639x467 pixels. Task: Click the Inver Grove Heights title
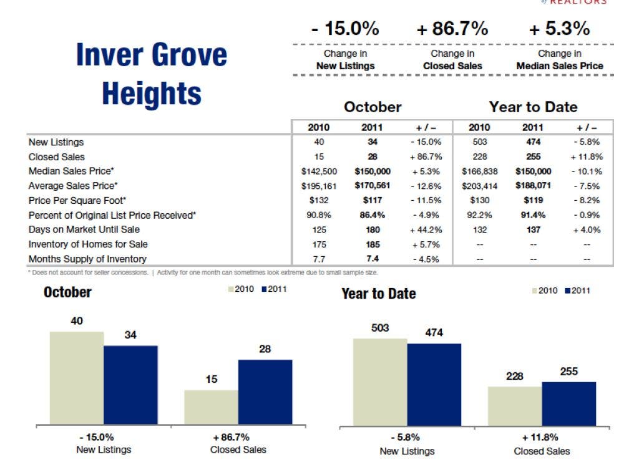(152, 74)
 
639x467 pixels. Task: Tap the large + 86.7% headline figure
(452, 29)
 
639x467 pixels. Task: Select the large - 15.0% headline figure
(346, 29)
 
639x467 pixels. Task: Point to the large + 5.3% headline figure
(559, 29)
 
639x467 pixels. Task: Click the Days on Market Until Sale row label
(84, 229)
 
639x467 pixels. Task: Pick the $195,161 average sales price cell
(319, 186)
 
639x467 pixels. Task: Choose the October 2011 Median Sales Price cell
(373, 171)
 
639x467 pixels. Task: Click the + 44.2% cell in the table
(426, 229)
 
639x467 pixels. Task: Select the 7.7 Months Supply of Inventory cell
(319, 259)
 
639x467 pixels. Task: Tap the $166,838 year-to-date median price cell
(480, 171)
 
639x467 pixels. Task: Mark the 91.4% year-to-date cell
(534, 215)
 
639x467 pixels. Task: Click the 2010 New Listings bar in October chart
(77, 378)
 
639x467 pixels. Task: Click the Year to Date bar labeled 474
(434, 385)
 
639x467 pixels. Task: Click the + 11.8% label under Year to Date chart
(542, 438)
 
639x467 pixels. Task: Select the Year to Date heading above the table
(533, 107)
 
